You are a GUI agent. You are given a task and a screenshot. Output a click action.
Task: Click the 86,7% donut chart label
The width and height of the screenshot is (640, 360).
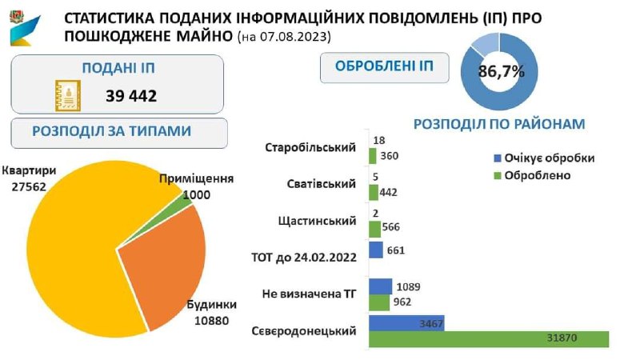click(501, 71)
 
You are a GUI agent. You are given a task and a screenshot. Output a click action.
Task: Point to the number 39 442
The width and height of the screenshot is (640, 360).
click(130, 97)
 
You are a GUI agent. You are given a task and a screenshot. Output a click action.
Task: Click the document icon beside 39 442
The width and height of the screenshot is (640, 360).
click(69, 97)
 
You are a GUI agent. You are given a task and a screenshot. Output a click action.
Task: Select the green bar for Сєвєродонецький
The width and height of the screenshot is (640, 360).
click(488, 339)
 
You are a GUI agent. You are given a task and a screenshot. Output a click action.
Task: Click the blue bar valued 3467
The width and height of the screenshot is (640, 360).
click(406, 322)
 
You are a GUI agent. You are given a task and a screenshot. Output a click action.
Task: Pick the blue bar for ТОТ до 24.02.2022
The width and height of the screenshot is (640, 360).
click(376, 250)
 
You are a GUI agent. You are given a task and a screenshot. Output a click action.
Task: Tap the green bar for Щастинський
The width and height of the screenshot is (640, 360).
click(374, 227)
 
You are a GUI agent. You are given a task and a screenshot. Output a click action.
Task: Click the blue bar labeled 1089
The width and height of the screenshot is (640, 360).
click(381, 286)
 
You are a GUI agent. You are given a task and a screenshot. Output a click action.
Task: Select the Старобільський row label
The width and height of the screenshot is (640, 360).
click(310, 149)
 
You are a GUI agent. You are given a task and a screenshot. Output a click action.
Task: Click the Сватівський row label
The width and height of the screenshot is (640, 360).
click(321, 185)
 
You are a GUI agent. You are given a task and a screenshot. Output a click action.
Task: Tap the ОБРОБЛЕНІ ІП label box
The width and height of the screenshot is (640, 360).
click(383, 67)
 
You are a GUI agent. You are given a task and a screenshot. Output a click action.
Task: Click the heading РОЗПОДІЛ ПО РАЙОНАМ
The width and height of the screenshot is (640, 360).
click(499, 124)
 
